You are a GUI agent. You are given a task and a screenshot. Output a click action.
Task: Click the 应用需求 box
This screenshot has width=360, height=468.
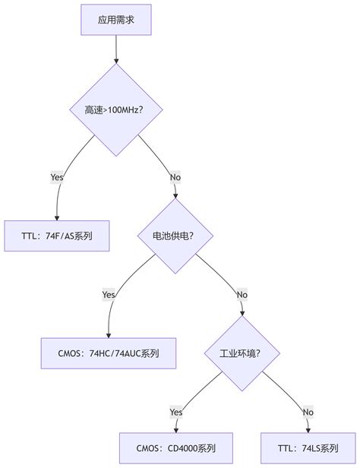116,20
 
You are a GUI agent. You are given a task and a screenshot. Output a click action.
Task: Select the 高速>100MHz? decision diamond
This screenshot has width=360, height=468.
116,111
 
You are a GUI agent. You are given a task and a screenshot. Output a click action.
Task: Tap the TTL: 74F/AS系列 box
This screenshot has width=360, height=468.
58,236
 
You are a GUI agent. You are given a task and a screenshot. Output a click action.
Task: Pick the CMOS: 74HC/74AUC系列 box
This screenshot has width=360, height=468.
109,353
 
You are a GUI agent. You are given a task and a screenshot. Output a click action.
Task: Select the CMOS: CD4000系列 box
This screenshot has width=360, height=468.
175,447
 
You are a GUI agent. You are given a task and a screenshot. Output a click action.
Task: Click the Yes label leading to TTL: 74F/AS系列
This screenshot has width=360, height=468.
57,177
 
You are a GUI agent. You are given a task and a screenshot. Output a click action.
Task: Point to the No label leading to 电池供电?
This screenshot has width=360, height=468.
175,177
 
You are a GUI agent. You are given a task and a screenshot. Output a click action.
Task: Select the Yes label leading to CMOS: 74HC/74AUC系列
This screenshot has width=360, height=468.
109,295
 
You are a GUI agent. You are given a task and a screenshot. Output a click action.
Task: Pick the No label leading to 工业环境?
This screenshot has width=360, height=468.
242,295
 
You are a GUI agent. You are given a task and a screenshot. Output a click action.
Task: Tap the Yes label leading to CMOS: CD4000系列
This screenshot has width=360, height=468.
175,412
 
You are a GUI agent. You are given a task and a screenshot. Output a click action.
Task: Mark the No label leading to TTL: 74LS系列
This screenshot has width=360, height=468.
308,412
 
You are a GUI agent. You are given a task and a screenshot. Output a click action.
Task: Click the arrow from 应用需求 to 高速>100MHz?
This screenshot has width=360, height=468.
116,49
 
